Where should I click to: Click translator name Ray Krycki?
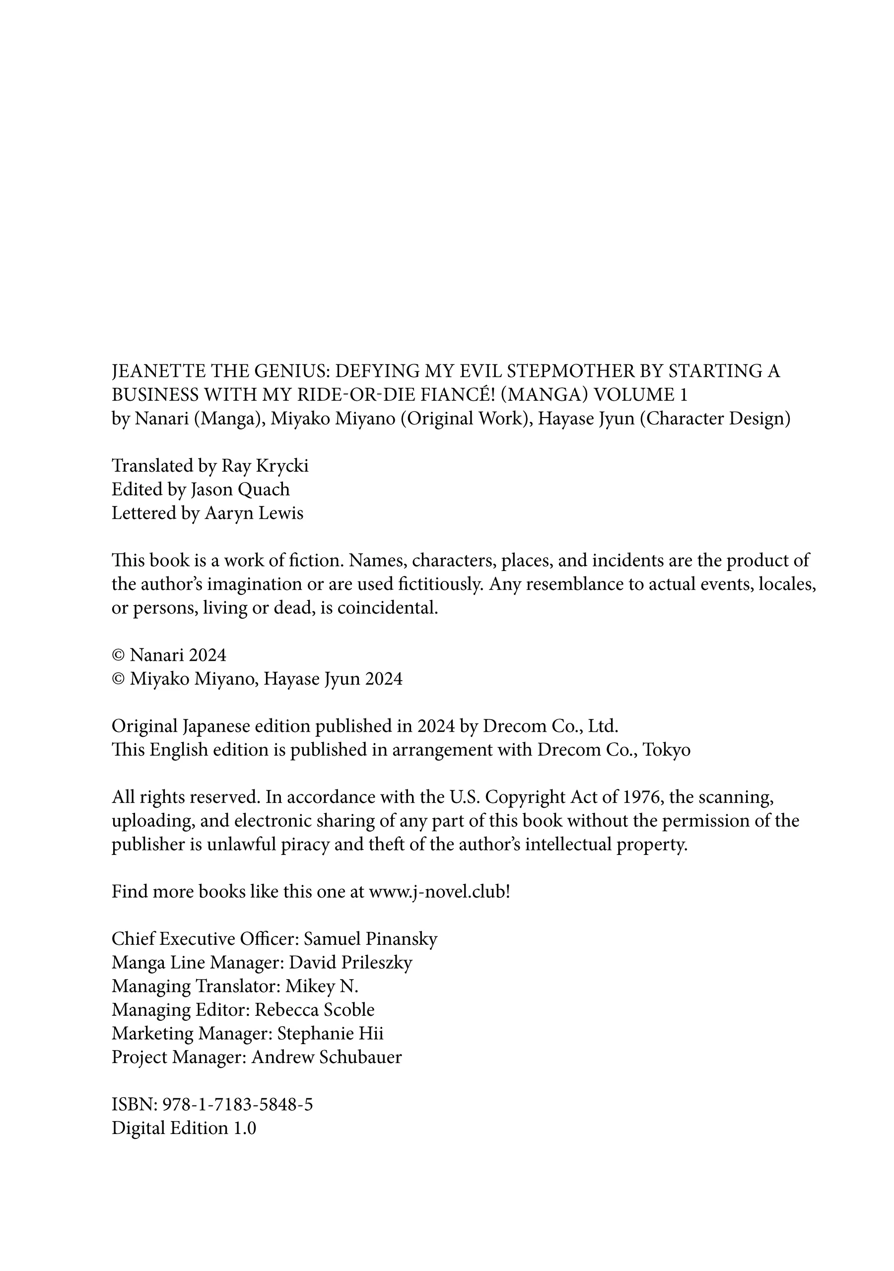pos(265,466)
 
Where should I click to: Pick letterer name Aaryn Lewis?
pos(254,513)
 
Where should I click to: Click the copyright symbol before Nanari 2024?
pos(119,655)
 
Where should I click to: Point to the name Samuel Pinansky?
pos(370,939)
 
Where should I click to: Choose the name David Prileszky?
pos(350,963)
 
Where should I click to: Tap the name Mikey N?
pos(322,987)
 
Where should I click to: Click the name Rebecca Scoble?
pos(314,1010)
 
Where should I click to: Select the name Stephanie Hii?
pos(330,1034)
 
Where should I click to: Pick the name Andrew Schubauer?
pos(326,1058)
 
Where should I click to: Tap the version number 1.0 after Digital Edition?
pos(244,1128)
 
